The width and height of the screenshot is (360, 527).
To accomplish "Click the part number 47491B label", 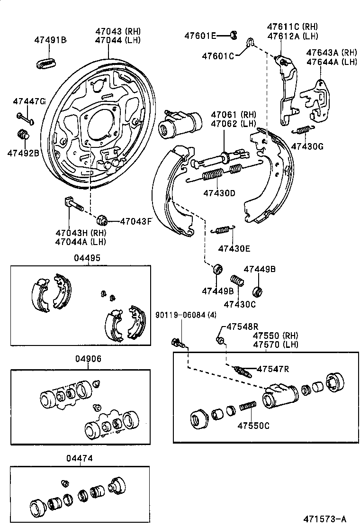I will (x=50, y=40).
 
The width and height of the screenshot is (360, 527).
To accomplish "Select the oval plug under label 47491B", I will (x=46, y=63).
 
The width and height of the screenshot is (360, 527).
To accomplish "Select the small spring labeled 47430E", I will (x=221, y=230).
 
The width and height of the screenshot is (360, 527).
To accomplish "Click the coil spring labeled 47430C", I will (x=237, y=281).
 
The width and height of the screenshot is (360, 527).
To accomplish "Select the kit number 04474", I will (x=79, y=458).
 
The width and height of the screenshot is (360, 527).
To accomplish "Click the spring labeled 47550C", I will (x=248, y=407).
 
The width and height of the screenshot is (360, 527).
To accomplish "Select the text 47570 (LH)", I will (x=276, y=344).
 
